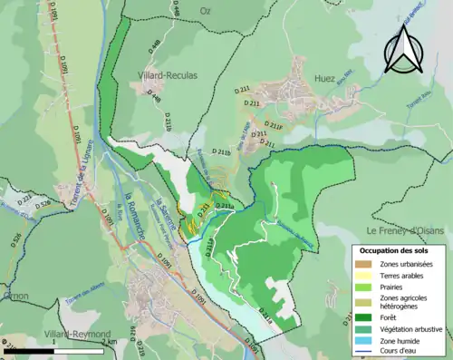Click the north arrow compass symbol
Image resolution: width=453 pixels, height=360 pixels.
(x=402, y=49)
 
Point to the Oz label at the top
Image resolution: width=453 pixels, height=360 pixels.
(x=205, y=9)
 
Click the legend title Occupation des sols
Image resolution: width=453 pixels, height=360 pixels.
(x=400, y=251)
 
